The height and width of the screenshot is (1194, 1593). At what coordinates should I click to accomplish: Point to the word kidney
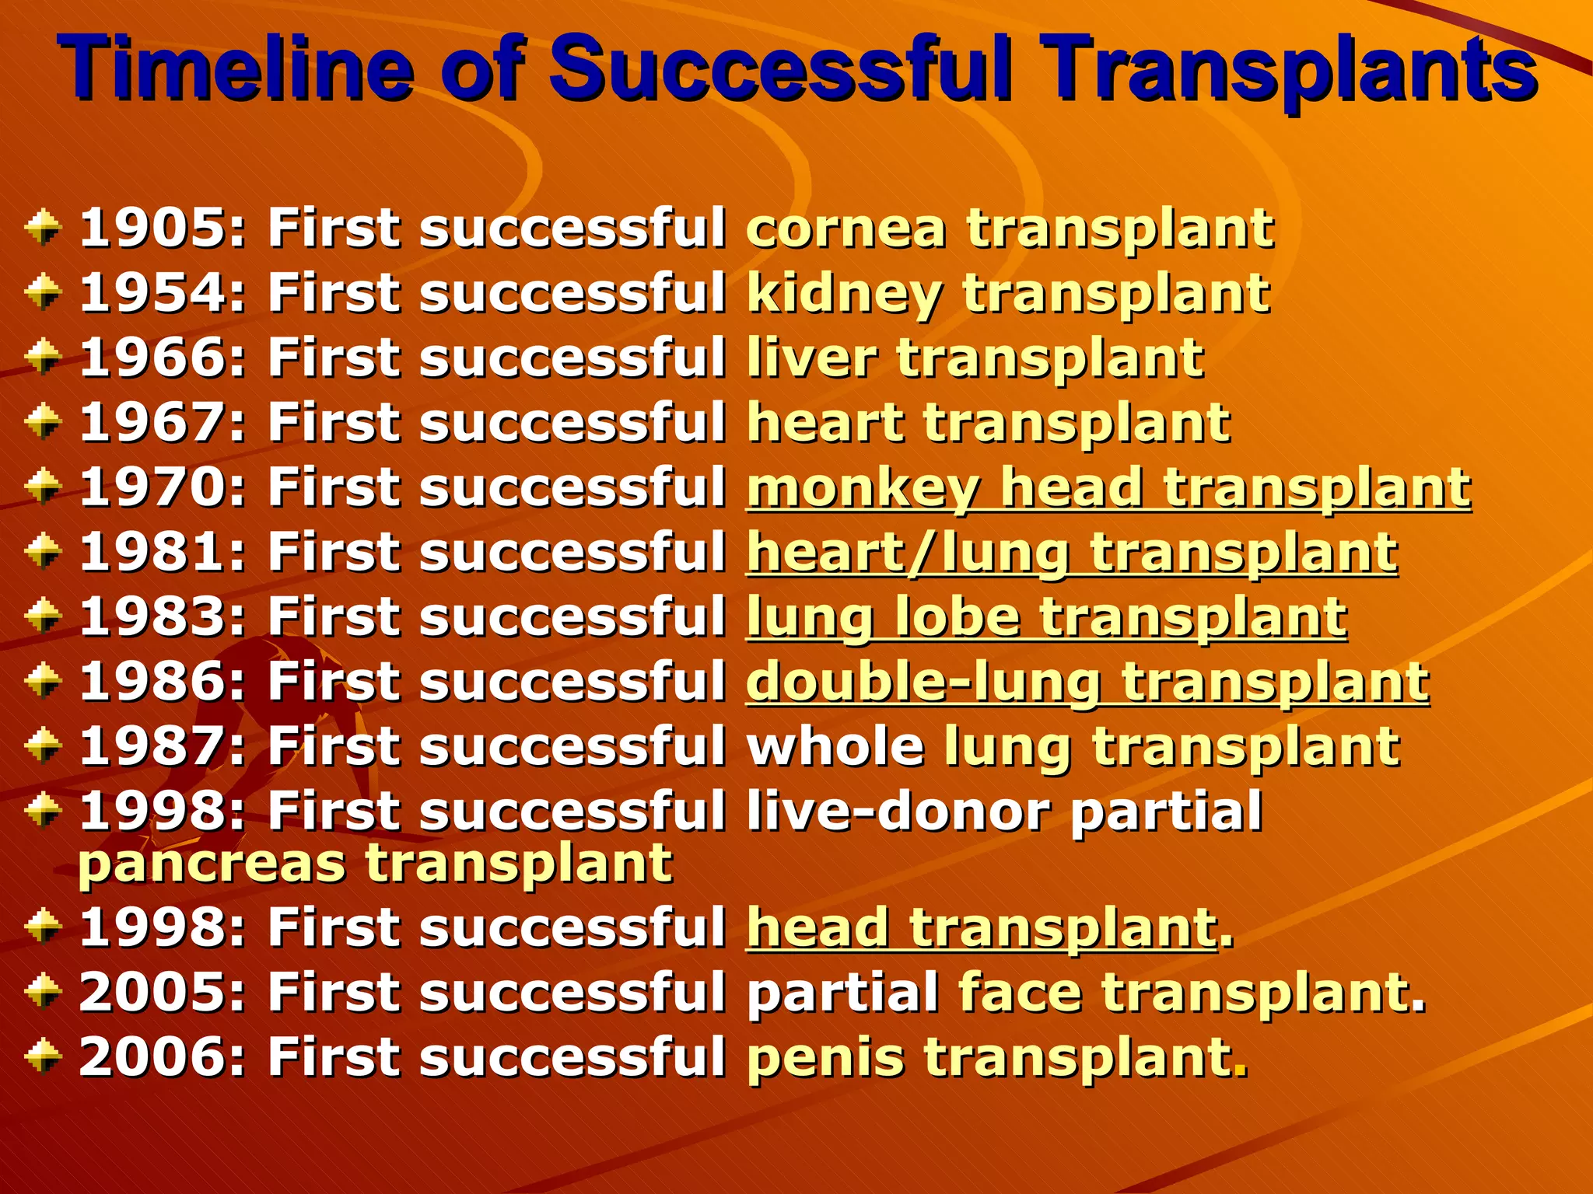click(844, 295)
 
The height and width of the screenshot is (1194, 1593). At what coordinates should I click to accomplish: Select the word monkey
click(863, 488)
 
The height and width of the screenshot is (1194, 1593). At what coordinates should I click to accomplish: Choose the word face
click(1020, 993)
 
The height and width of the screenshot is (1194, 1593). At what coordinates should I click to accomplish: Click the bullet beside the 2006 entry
click(43, 1056)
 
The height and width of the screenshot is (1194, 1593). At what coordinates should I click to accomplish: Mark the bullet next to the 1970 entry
click(43, 487)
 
